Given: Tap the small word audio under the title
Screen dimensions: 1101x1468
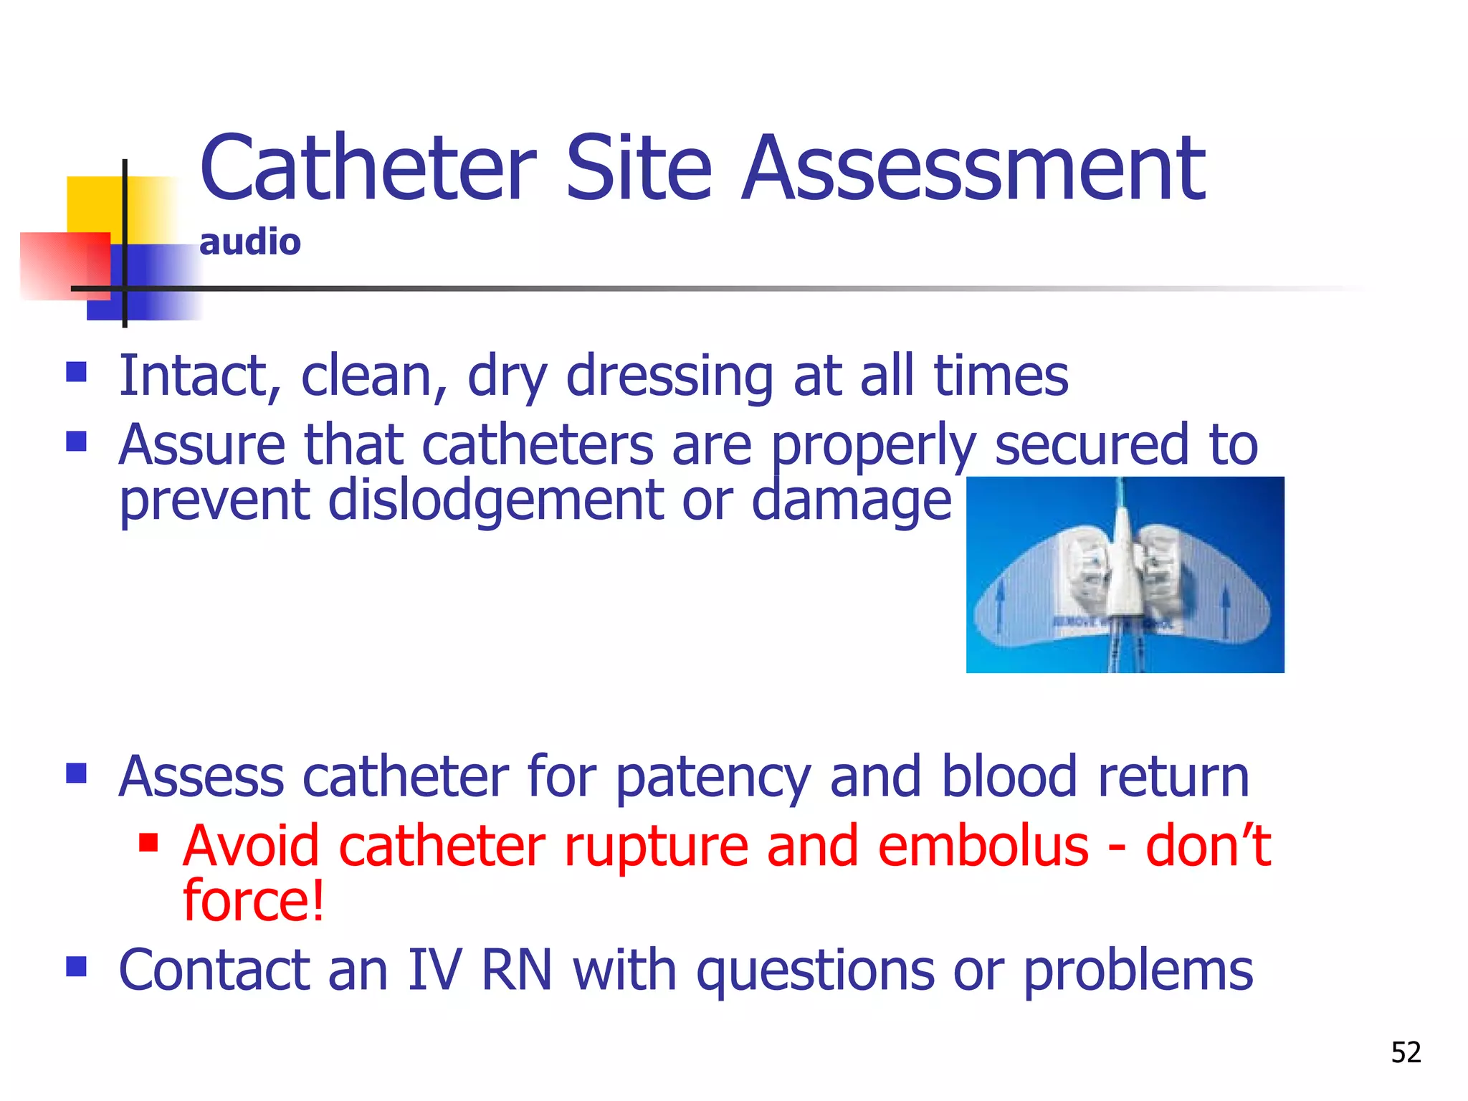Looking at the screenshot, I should pos(249,242).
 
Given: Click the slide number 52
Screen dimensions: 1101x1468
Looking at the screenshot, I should pos(1406,1052).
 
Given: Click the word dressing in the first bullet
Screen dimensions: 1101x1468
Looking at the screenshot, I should pos(669,377).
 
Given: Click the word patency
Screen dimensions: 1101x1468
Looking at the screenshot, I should pos(713,778).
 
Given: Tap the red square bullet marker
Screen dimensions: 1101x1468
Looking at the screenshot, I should pos(148,842).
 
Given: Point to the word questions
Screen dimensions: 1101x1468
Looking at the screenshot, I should pos(815,971).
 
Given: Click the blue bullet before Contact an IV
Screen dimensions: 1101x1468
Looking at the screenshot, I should pos(76,967).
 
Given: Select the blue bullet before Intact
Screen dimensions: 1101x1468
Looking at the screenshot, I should pos(76,371).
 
